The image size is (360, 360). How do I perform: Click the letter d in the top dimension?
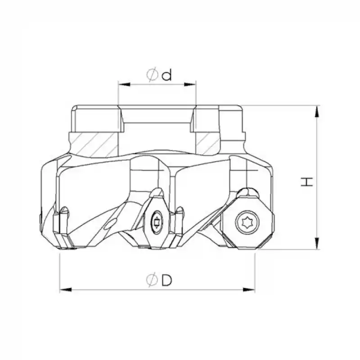coord(167,75)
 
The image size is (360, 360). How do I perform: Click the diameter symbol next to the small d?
coord(153,75)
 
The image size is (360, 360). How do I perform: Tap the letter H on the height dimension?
coord(307,182)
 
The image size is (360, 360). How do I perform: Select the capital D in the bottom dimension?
coord(167,280)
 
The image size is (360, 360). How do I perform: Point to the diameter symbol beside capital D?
coord(152,280)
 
